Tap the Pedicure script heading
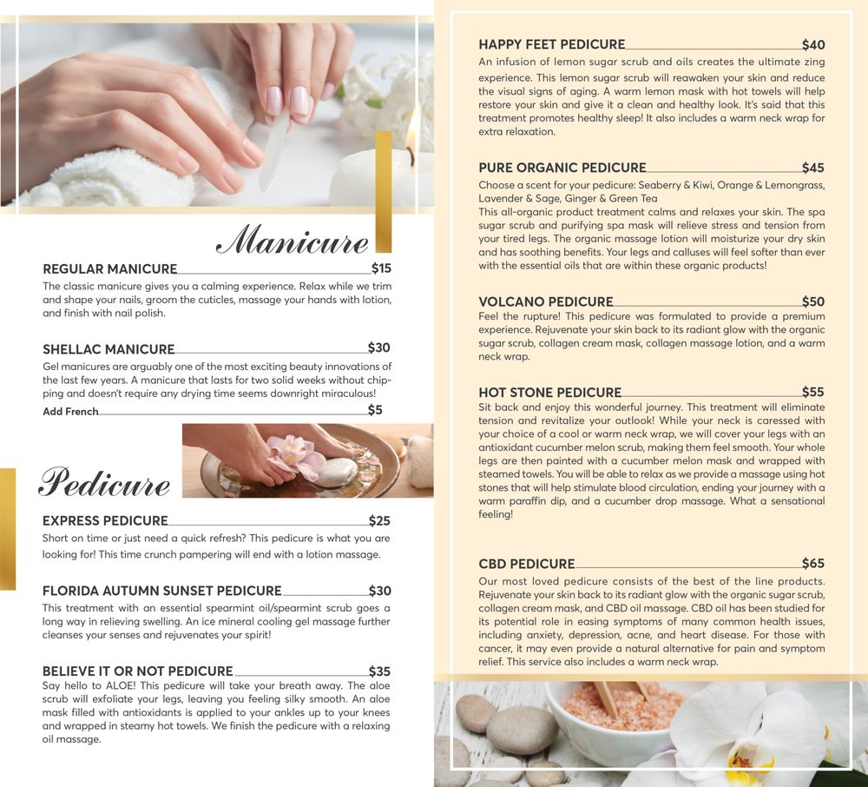[105, 482]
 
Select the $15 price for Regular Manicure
[381, 268]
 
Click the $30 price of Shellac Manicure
[379, 347]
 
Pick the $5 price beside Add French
[375, 410]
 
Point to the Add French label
[70, 412]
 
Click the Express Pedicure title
[105, 520]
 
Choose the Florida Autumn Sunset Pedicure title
[162, 591]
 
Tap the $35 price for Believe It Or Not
[380, 671]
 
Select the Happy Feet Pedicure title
[552, 44]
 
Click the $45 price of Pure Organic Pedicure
[813, 168]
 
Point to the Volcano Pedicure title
[546, 301]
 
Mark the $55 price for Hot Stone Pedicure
[813, 392]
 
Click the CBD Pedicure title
[527, 564]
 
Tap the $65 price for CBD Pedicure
[813, 563]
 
